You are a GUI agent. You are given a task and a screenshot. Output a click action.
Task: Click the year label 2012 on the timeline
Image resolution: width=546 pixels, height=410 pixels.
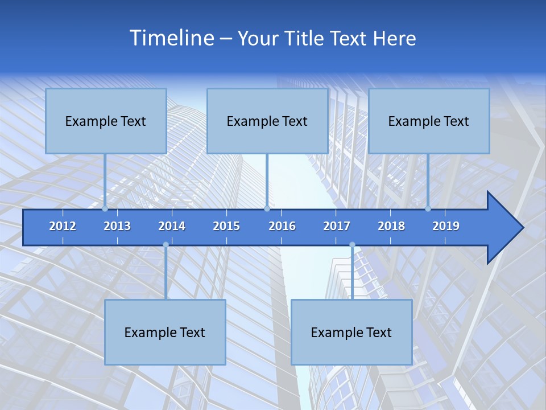click(x=63, y=226)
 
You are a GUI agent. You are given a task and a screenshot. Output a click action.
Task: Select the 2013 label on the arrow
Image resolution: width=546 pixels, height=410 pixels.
click(x=117, y=226)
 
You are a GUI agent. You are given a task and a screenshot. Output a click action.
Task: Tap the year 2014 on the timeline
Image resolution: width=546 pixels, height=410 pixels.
click(x=172, y=226)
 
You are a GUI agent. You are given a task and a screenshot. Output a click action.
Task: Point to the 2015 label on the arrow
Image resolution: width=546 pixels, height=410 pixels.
click(x=226, y=226)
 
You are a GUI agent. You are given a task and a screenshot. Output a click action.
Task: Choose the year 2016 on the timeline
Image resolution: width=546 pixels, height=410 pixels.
click(x=282, y=226)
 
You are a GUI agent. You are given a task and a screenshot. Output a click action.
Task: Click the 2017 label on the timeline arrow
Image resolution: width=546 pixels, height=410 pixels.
click(x=337, y=226)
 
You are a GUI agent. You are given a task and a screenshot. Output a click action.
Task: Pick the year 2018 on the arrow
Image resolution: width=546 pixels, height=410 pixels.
click(x=391, y=226)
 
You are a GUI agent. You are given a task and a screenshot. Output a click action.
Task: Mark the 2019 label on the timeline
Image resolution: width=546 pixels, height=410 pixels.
click(x=446, y=226)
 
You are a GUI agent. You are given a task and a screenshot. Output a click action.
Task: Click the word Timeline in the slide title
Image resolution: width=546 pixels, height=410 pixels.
click(x=171, y=38)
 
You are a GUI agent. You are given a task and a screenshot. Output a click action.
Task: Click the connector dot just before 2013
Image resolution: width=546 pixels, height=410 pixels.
click(x=105, y=209)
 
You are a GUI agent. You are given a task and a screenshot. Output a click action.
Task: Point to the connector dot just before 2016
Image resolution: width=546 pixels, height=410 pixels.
click(x=267, y=209)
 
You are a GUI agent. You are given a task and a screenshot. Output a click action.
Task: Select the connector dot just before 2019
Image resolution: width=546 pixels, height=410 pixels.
click(x=428, y=209)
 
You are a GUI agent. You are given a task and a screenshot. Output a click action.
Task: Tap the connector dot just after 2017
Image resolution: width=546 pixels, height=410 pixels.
click(x=352, y=245)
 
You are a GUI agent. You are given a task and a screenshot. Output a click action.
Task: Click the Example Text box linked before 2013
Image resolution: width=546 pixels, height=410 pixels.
click(x=106, y=121)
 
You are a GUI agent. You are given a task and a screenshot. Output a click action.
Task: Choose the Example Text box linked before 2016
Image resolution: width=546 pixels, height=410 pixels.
click(x=267, y=121)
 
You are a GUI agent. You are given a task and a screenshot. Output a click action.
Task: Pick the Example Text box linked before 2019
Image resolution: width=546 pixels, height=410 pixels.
click(x=429, y=121)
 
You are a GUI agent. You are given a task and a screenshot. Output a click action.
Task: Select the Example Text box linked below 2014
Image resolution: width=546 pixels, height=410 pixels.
click(x=165, y=332)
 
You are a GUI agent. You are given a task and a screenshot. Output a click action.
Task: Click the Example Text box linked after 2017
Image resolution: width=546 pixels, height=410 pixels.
click(x=351, y=332)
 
